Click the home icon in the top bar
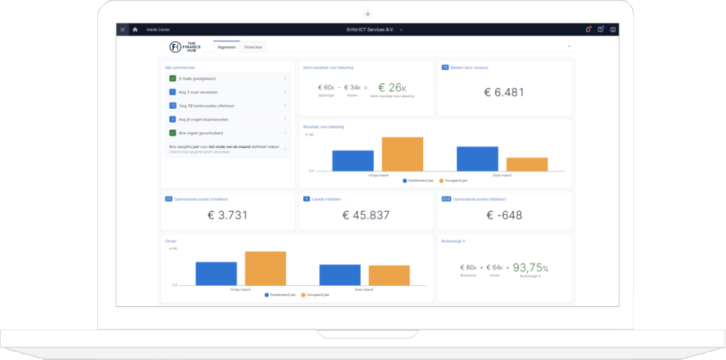point(134,30)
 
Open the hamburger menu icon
point(123,30)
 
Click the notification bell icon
point(588,30)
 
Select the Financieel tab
point(254,46)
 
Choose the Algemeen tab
point(227,46)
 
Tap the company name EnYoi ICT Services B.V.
point(374,30)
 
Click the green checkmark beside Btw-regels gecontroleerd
point(172,133)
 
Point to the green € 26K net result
point(393,88)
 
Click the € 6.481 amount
point(504,92)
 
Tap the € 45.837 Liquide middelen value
point(366,215)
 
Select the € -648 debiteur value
point(504,215)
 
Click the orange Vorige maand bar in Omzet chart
point(265,268)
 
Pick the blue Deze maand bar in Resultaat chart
point(477,158)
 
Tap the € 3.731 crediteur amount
point(228,215)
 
